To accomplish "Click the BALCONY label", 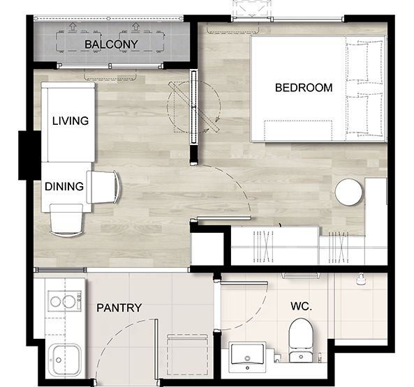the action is [x=111, y=45].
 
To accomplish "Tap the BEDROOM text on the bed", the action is [x=304, y=88].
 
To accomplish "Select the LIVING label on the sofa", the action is [x=71, y=121].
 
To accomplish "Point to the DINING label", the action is [x=64, y=187].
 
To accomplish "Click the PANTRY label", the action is [x=119, y=308].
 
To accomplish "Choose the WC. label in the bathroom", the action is [x=302, y=306].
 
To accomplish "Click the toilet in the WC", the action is [x=301, y=340].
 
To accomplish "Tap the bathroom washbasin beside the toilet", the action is [x=247, y=357].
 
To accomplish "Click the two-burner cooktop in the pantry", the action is [x=65, y=301].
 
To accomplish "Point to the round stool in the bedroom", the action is [x=348, y=192].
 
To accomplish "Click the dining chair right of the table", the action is [x=104, y=187].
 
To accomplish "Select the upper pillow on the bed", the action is [x=364, y=61].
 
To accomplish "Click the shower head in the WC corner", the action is [x=361, y=280].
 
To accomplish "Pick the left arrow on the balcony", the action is [x=73, y=26].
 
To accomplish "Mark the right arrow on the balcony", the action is [x=135, y=26].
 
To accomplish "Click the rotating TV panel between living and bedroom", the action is [x=194, y=107].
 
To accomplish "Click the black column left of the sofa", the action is [x=29, y=155].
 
